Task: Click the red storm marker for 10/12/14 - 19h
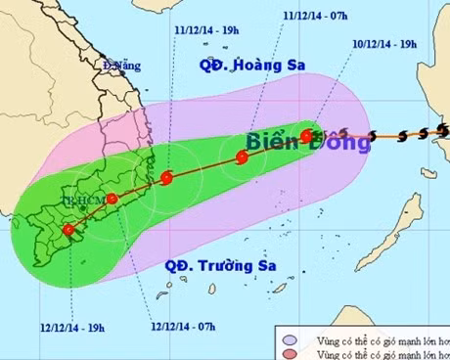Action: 306,136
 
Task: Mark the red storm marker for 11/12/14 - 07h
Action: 242,157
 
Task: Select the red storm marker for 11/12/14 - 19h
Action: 167,178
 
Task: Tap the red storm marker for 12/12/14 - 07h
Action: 112,199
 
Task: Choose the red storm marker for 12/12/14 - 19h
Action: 67,232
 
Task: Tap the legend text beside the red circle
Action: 372,352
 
